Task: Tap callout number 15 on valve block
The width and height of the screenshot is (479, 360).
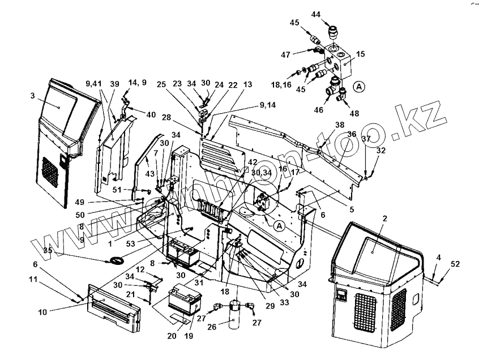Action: click(361, 55)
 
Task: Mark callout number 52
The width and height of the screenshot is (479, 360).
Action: click(455, 264)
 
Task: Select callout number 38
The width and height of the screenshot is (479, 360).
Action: click(339, 125)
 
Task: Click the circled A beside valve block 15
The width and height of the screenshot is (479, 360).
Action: click(358, 87)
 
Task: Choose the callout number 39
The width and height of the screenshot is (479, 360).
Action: click(115, 83)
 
